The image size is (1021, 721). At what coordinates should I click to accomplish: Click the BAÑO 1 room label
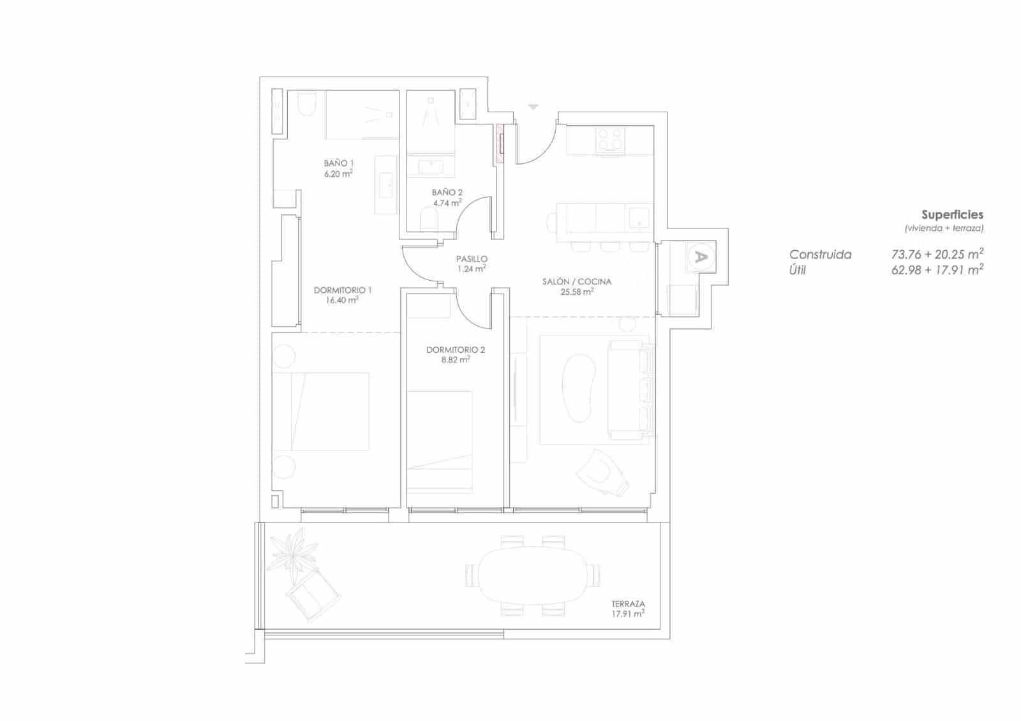point(338,163)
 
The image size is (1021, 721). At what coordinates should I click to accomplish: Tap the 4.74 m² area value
point(447,203)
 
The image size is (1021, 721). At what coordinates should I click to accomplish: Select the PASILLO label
point(472,259)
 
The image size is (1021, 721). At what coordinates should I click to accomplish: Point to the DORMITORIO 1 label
point(343,290)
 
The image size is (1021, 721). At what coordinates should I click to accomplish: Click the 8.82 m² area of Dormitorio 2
point(456,360)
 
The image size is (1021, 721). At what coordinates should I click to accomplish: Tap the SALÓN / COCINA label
point(577,281)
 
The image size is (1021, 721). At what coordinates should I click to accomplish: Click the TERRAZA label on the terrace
point(628,604)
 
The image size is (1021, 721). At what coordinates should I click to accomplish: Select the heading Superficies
point(952,215)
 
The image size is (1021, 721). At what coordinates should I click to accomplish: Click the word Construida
point(820,255)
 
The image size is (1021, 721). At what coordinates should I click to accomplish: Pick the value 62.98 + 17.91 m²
point(937,270)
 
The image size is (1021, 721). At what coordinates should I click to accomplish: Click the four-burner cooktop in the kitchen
point(609,140)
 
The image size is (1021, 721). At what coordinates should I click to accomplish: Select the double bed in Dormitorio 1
point(321,412)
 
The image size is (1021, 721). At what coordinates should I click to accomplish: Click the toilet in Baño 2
point(429,221)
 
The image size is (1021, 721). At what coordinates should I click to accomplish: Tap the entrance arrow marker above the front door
point(533,107)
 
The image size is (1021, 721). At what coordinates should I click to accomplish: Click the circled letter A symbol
point(701,257)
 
